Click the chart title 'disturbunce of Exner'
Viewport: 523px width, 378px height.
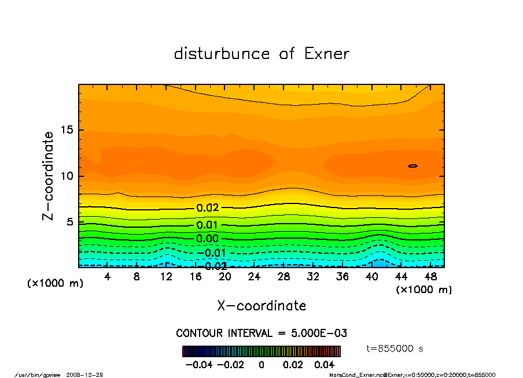pos(261,54)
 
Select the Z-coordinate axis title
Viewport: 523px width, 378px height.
pos(49,176)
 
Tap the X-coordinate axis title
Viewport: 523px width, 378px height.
pos(261,306)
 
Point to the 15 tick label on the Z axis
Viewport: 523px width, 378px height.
pos(67,130)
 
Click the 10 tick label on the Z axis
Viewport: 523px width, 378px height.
pos(67,176)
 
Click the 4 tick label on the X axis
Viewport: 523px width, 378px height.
pos(107,277)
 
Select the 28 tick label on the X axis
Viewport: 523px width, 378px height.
pos(283,277)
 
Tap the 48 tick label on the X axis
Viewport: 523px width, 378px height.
pos(430,277)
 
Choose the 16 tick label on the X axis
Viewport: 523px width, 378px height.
pos(195,277)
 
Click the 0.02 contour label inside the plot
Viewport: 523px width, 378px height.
pos(207,208)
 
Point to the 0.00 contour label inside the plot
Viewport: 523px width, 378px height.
pos(207,239)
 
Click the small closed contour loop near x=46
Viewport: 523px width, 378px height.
pos(412,166)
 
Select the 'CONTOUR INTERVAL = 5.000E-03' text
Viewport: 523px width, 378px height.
pos(261,333)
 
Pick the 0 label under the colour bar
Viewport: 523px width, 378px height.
pos(261,365)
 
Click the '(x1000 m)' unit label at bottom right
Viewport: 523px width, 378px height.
pos(423,290)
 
